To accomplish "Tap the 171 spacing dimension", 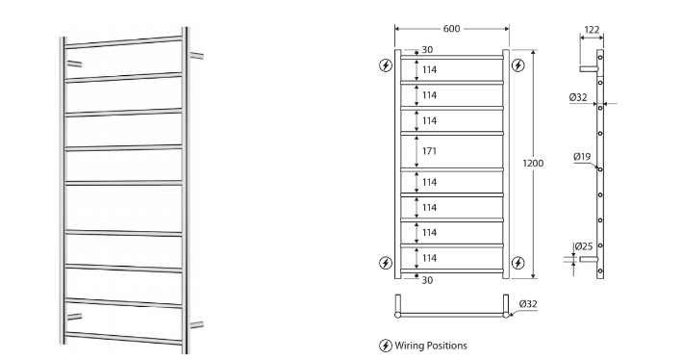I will coord(429,150).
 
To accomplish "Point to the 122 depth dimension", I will coord(591,31).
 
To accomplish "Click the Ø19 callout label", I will coord(582,156).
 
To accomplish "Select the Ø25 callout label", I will coord(584,246).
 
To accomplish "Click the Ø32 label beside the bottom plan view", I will coord(528,305).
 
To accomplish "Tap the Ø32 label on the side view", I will coord(578,97).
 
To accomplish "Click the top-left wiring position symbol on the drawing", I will coord(386,65).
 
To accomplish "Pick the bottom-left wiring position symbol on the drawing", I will coord(386,262).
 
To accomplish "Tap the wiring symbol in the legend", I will coord(386,345).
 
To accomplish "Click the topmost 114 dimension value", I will coord(429,69).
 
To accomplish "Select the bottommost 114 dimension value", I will coord(429,258).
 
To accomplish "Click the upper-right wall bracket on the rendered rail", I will coord(196,56).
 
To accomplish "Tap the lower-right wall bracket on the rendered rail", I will coord(196,323).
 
